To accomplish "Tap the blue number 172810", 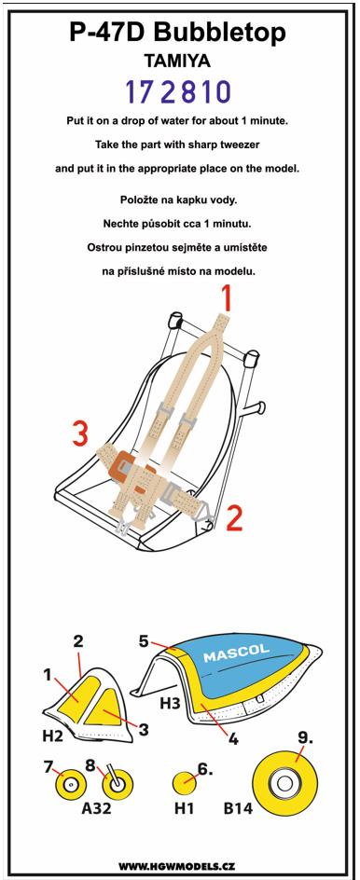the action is pos(178,92).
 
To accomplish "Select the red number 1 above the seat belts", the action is pos(226,298).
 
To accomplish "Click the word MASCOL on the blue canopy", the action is pos(236,654).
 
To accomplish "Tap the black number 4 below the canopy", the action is pos(232,738).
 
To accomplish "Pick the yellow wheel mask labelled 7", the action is pos(70,783).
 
